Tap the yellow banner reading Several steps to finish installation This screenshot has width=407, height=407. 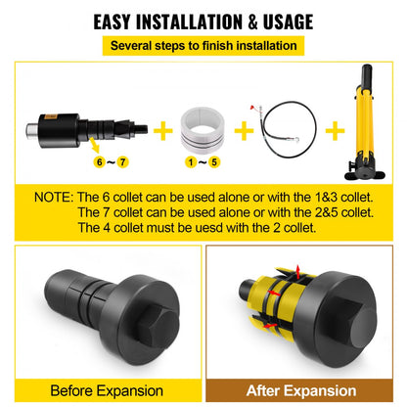[204, 45]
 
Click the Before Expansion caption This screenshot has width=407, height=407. [105, 388]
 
